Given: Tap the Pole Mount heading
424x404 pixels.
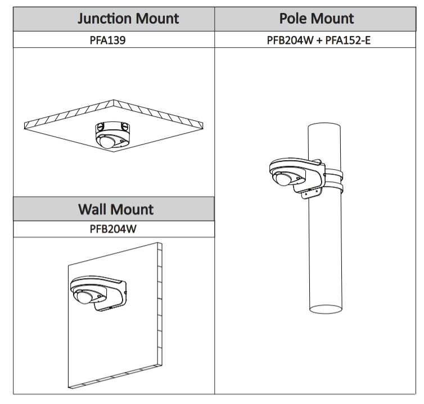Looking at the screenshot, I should pos(317,19).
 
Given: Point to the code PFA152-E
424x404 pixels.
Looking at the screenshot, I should pos(346,40).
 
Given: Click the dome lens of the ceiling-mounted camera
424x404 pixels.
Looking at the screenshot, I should pos(107,141).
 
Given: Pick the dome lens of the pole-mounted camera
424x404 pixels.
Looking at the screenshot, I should pos(283,179).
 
